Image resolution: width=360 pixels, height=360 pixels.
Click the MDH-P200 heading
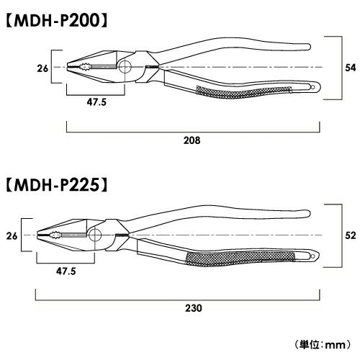(57, 21)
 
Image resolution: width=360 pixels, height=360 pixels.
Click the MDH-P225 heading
(57, 186)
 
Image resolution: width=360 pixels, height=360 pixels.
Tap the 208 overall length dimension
(192, 140)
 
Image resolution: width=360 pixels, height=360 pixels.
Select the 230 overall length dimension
(194, 308)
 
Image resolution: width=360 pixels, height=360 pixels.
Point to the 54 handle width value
(351, 68)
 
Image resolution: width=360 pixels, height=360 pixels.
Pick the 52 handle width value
(351, 235)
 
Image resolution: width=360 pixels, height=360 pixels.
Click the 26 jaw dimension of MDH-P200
(42, 68)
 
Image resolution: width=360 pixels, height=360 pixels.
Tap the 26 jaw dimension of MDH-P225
(12, 236)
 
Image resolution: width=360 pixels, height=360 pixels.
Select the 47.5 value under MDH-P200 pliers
(96, 102)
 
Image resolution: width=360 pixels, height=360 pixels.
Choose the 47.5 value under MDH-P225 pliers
(66, 271)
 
